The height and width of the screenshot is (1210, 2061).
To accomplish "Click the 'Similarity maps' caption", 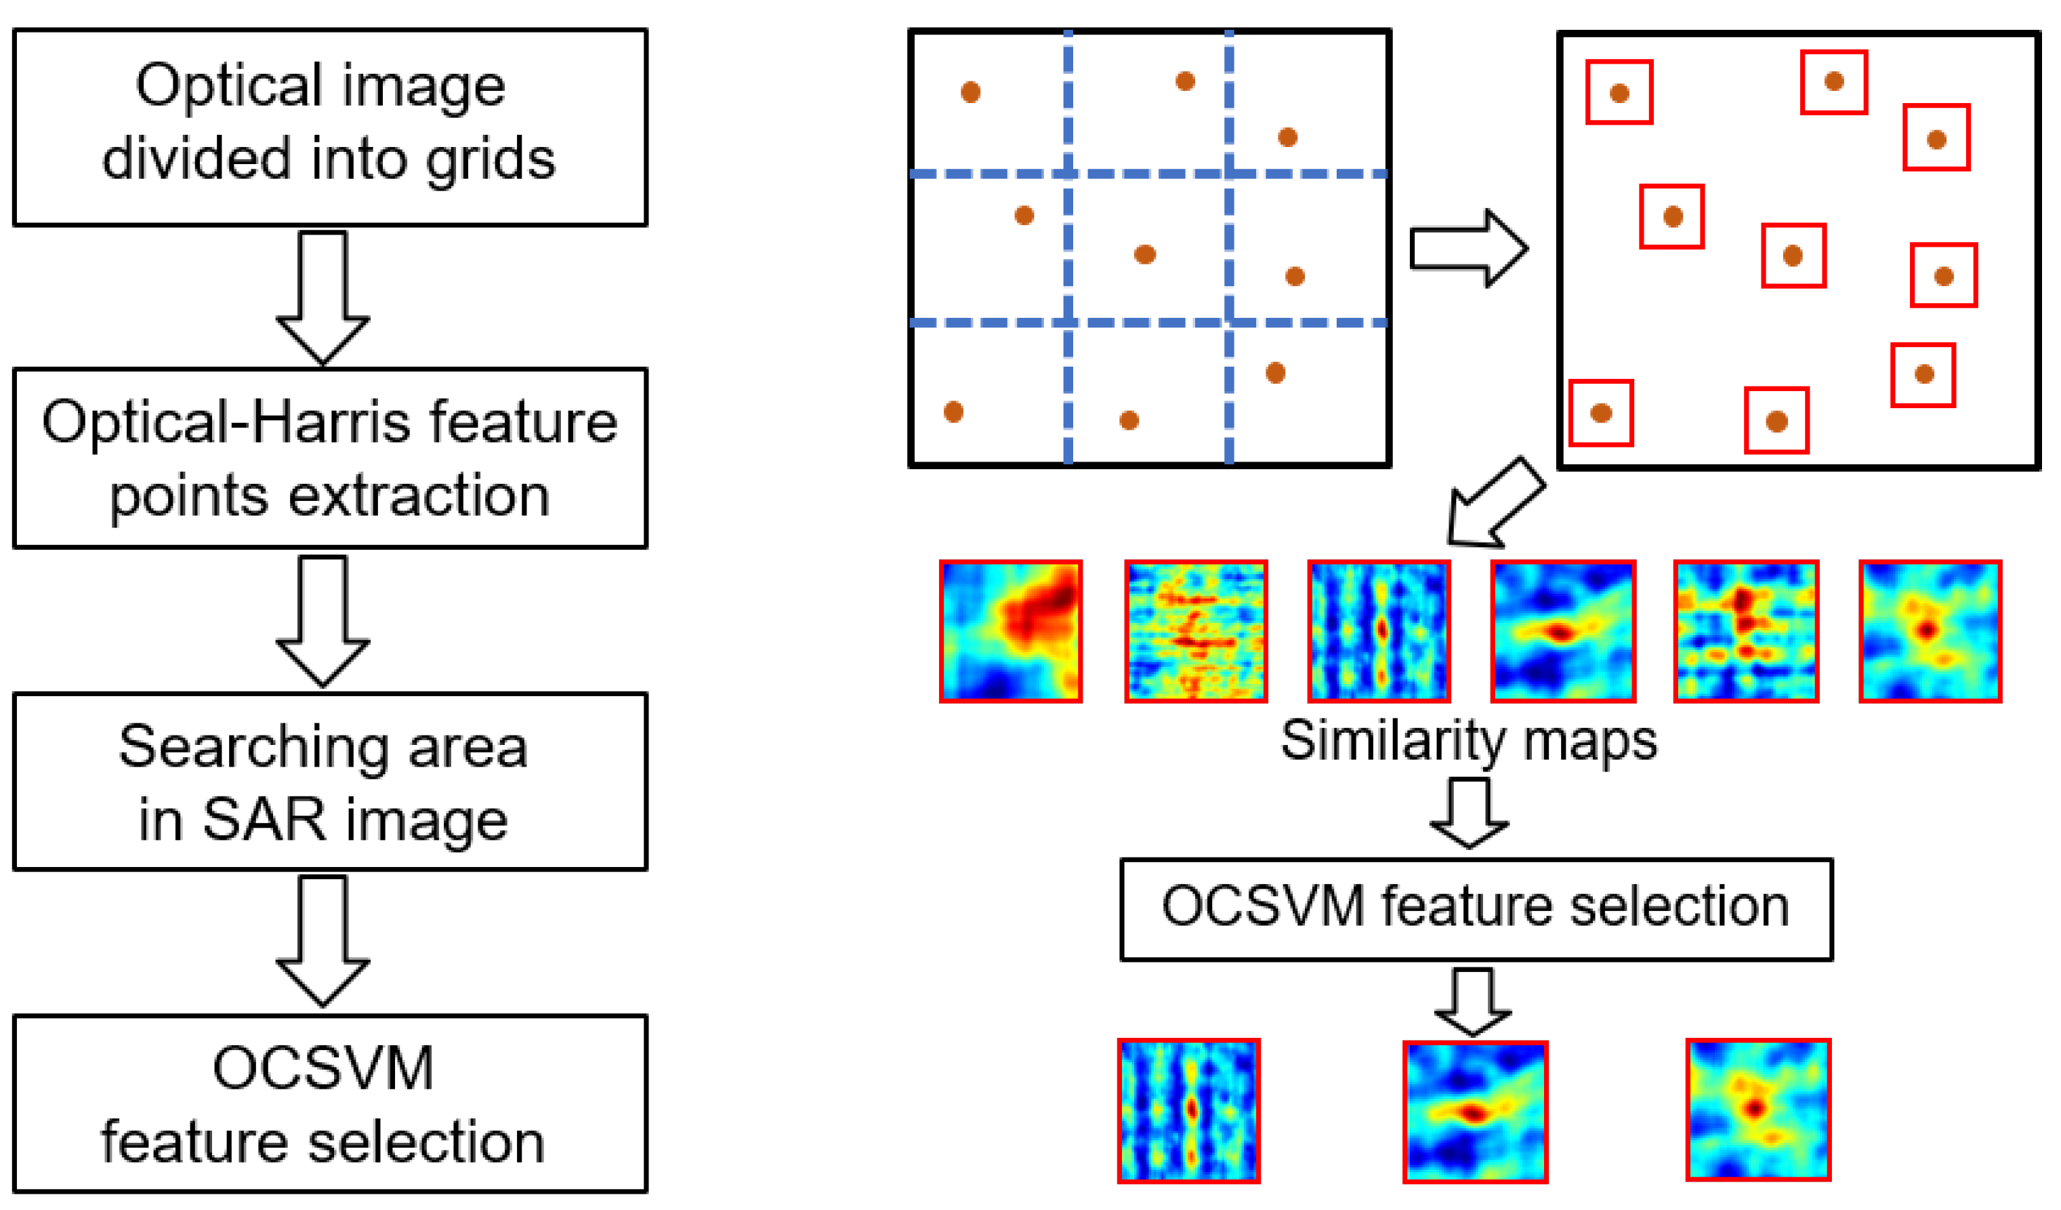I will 1468,741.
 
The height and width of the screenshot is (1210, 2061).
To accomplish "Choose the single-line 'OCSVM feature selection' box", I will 1476,909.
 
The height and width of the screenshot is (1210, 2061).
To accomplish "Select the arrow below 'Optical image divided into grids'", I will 323,296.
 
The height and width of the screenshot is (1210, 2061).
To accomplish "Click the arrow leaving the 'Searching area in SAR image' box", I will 323,941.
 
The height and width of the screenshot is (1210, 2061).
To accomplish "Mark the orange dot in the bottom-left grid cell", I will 954,411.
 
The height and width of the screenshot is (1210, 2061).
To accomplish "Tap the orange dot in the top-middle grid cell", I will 1185,81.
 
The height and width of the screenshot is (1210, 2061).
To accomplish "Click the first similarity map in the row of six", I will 1011,631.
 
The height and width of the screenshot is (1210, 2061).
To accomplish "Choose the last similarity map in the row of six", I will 1930,631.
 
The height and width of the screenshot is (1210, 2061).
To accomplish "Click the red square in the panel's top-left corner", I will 1619,92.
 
